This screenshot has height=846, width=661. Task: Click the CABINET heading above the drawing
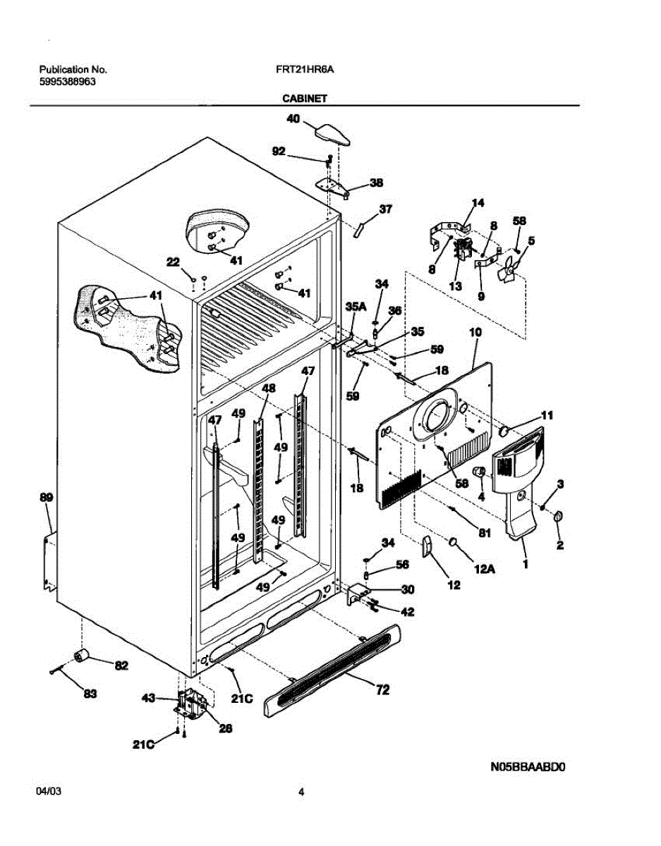305,99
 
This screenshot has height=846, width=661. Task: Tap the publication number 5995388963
68,82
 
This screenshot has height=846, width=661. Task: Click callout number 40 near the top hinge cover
293,118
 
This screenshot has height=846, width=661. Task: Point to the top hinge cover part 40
332,135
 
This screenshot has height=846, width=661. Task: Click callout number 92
279,151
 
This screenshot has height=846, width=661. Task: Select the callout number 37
385,209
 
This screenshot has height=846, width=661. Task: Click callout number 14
478,202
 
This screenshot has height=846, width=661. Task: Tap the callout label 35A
356,307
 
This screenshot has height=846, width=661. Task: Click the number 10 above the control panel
475,332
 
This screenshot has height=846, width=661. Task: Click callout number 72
382,690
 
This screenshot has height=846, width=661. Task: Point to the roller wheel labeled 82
81,656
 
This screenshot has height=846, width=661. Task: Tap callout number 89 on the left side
47,497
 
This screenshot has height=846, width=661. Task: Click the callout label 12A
484,569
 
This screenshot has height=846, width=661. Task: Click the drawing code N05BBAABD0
528,766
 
